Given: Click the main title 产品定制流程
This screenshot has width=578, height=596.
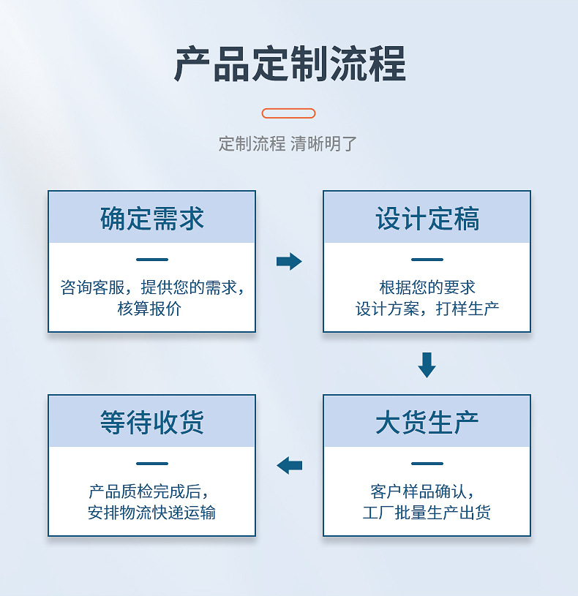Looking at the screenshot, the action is click(x=289, y=64).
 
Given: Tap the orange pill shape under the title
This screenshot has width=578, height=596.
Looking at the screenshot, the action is click(x=288, y=113).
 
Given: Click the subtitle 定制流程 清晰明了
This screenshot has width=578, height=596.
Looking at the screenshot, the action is click(x=288, y=143).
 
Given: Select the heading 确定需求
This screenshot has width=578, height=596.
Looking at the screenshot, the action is click(x=151, y=219).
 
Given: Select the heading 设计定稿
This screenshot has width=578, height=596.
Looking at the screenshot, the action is click(x=427, y=219).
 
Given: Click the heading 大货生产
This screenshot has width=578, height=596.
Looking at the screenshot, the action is click(x=427, y=422).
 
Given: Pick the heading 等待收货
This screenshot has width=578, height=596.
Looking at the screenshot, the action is click(x=151, y=422).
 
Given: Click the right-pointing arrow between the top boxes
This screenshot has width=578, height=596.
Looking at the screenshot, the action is click(x=289, y=261).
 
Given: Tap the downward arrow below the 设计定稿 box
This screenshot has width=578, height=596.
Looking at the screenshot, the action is click(x=427, y=364).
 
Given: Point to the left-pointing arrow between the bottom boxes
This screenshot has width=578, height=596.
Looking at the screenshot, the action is click(x=289, y=464).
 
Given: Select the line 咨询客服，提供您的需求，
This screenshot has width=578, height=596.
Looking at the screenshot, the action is click(x=151, y=287).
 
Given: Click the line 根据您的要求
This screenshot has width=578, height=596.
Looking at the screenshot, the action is click(x=427, y=287).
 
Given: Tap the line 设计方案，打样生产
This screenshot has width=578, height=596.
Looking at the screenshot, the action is click(x=427, y=309).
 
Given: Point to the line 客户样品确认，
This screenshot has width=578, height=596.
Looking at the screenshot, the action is click(x=427, y=491).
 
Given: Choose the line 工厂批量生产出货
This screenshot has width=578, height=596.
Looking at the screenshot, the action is click(x=427, y=512).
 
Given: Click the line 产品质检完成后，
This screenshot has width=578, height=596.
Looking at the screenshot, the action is click(x=151, y=491).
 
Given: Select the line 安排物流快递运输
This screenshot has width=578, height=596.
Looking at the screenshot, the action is click(x=151, y=512).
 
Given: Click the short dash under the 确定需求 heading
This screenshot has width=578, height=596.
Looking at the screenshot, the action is click(x=151, y=260).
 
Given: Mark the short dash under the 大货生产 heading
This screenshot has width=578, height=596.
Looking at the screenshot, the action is click(x=427, y=463).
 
